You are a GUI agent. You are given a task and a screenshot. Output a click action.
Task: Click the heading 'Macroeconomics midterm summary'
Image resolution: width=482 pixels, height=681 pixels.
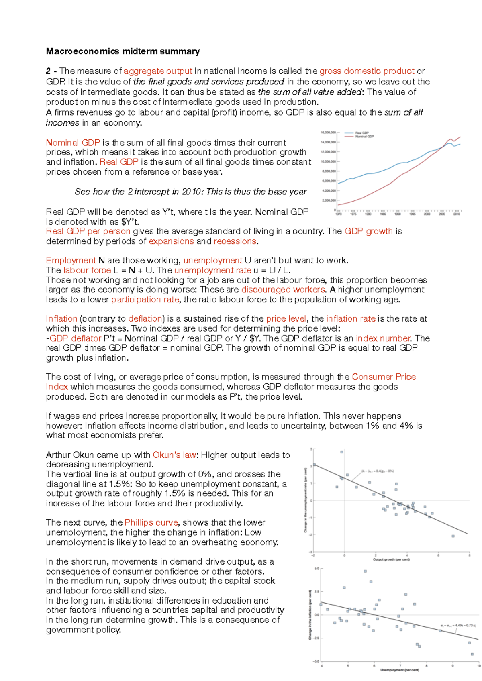(123, 51)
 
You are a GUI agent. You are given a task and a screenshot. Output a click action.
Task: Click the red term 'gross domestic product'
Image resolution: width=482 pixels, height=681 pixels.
(366, 71)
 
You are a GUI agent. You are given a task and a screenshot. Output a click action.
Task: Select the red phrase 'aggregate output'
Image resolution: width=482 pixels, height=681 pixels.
(158, 71)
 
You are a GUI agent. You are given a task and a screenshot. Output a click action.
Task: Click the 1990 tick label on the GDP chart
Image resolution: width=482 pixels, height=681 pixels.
(398, 214)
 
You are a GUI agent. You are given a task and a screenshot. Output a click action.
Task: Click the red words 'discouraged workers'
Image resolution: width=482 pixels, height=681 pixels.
(283, 290)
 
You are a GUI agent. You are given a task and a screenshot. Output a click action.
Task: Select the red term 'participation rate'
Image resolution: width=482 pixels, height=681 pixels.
(145, 300)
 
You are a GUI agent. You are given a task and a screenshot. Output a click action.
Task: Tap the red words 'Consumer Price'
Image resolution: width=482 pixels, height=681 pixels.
(384, 377)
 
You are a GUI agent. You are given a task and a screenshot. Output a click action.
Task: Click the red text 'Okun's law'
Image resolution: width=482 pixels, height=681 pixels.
(174, 455)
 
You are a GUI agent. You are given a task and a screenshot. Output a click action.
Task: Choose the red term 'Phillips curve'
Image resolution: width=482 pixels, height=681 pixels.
(151, 522)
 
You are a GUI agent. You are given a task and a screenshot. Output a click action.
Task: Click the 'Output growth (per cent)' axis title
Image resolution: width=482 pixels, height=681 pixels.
(391, 559)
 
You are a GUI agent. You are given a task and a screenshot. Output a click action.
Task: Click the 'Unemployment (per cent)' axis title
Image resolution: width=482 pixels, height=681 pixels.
(399, 670)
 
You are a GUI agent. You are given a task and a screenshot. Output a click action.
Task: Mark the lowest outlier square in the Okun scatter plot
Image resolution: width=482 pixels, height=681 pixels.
(453, 536)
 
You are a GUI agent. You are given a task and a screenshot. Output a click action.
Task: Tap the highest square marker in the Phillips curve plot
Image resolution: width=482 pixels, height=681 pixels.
(365, 571)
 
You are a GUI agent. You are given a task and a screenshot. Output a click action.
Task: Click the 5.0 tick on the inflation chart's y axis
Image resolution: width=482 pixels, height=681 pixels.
(317, 569)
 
